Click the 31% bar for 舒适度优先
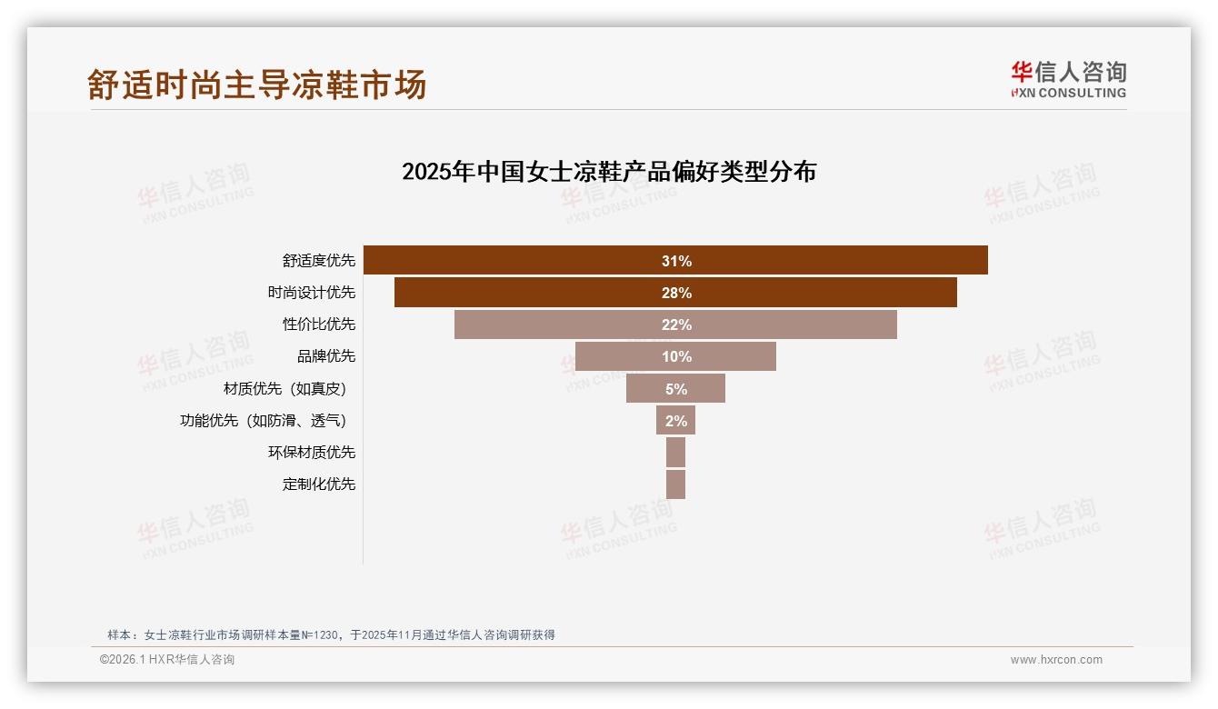[x=675, y=260]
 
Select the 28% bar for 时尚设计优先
[x=675, y=293]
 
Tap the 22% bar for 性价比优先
[x=675, y=325]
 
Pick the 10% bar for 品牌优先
[x=675, y=356]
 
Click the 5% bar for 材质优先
[x=675, y=388]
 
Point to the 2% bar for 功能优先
[x=675, y=420]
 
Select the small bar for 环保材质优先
[x=675, y=452]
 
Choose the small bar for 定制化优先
[x=675, y=484]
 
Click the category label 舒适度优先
[x=318, y=261]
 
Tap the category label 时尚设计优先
[x=311, y=293]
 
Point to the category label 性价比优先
[x=318, y=325]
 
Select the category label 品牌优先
[x=325, y=356]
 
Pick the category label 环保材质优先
[x=311, y=452]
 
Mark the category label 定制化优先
[x=318, y=484]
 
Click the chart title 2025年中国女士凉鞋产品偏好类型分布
[x=609, y=172]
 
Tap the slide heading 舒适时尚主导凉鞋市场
[x=257, y=85]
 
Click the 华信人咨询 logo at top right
[x=1068, y=79]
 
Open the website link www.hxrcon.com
[x=1056, y=660]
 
